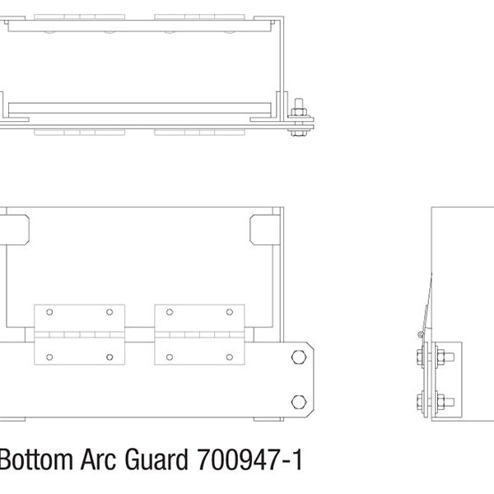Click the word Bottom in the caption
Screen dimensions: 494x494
[31, 460]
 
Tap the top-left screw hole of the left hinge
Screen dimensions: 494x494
[49, 313]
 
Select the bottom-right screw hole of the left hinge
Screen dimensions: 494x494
[109, 357]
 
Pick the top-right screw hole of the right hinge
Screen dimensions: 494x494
[230, 313]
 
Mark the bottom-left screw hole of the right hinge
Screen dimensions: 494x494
[170, 357]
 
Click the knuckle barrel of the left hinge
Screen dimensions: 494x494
[79, 334]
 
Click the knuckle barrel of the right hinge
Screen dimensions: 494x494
[200, 334]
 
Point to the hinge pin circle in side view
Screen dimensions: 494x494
[421, 334]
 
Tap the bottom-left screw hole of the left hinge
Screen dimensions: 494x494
[49, 357]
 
